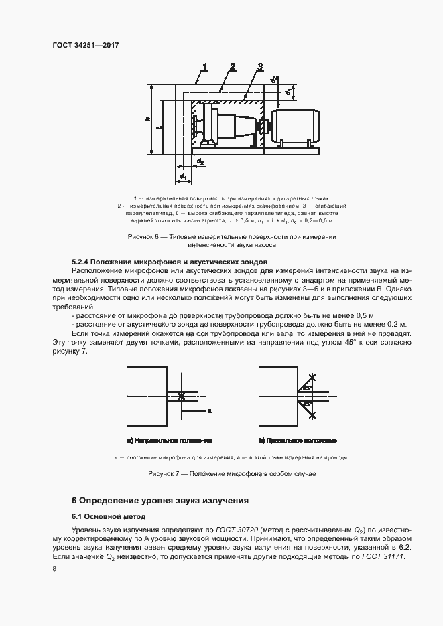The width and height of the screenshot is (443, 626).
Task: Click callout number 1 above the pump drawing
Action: (204, 66)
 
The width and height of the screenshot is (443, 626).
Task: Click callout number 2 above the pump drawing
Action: (232, 66)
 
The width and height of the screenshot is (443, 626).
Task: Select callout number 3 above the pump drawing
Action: (259, 66)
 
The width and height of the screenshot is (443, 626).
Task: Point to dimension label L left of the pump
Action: (158, 127)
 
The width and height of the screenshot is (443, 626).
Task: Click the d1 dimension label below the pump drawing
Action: (182, 177)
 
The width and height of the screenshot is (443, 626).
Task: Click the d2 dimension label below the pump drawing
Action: (200, 161)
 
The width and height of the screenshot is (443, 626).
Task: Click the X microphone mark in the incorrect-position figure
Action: (182, 396)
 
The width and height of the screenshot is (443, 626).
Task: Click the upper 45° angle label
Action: (306, 388)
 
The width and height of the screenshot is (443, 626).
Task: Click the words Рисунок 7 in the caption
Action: (164, 474)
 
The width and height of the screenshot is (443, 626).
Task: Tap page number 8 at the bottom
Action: (54, 569)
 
